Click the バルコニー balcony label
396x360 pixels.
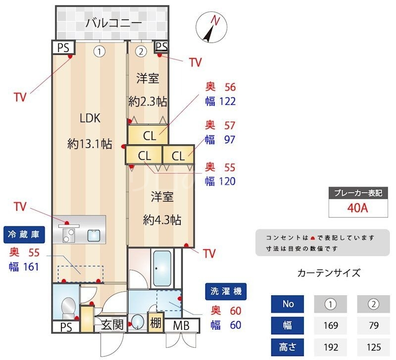point(113,23)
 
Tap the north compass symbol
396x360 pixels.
point(211,28)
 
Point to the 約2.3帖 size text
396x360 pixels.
point(147,102)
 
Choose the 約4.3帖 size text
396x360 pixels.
point(161,219)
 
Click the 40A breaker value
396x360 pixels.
point(357,208)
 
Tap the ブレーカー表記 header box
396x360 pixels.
point(357,193)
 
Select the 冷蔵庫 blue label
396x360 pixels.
point(25,234)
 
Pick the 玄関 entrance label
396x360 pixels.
point(112,325)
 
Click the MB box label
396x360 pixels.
point(181,325)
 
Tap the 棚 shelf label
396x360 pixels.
point(156,324)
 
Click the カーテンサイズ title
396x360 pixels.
point(329,272)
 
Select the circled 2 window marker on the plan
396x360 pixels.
point(141,50)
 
